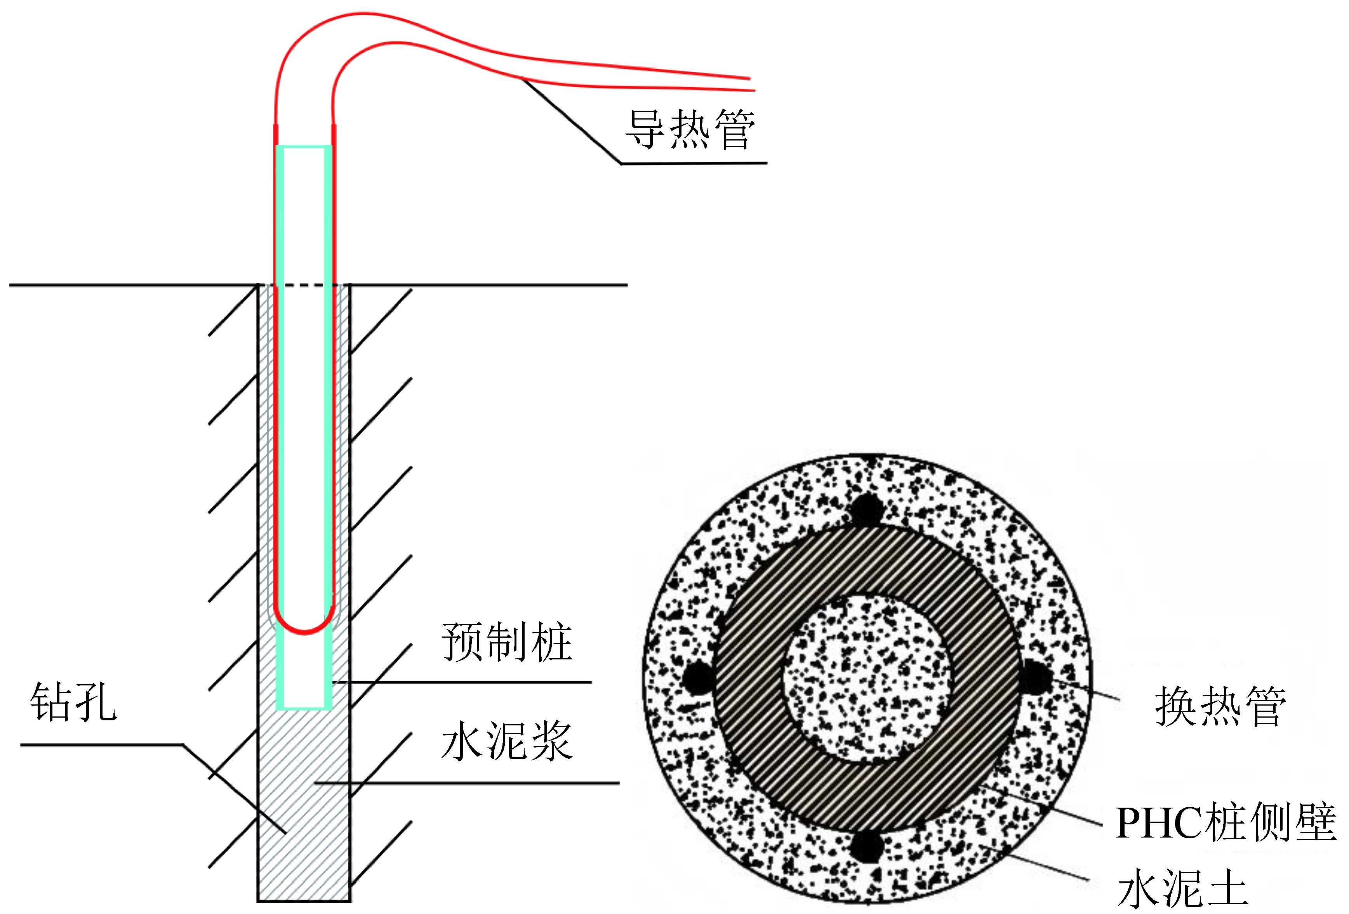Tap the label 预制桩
point(507,642)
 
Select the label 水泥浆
point(507,741)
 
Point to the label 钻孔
point(73,702)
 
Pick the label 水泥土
point(1182,888)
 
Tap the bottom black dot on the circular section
point(866,846)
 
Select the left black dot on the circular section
point(698,676)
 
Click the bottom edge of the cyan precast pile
point(304,708)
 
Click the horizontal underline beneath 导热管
point(694,163)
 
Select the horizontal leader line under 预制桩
point(464,682)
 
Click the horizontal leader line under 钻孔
point(102,744)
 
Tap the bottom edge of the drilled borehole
point(304,901)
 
